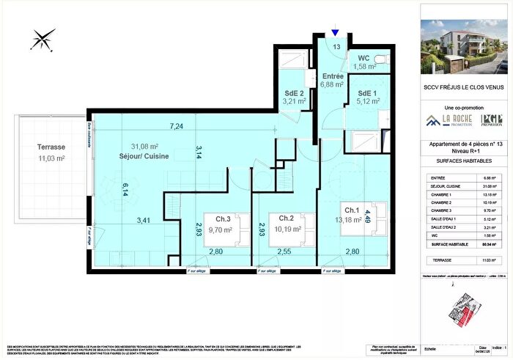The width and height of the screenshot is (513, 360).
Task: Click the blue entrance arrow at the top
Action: pos(336,32)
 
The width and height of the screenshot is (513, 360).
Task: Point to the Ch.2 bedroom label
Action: pos(281,218)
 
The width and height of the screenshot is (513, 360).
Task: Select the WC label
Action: pos(365,58)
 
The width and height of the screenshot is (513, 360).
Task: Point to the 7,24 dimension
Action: pos(177,126)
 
